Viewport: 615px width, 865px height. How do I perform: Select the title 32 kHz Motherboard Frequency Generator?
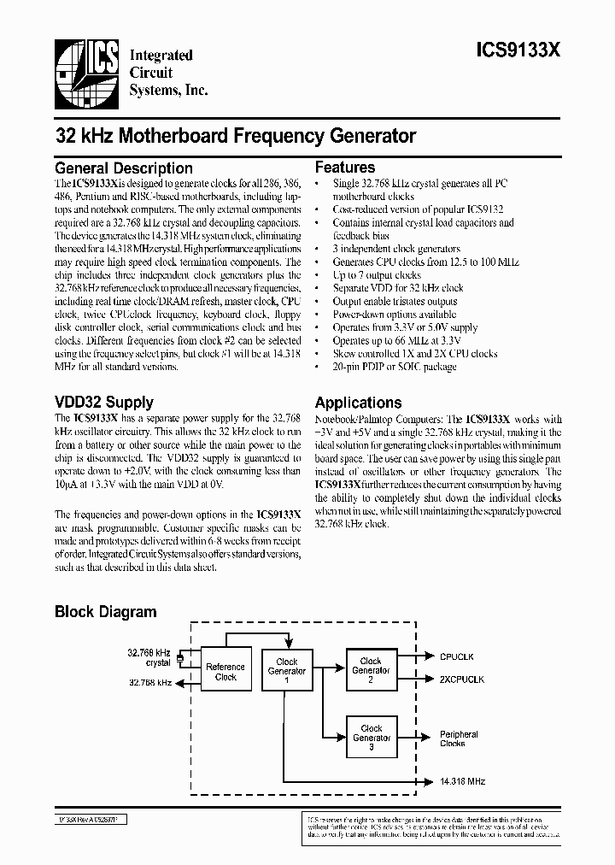pos(236,135)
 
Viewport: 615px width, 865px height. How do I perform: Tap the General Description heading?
pos(124,168)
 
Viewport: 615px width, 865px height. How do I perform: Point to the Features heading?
pos(345,168)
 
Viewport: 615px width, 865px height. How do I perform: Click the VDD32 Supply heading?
pos(104,402)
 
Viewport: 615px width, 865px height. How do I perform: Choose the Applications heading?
pos(358,403)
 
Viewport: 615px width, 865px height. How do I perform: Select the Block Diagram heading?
pos(106,611)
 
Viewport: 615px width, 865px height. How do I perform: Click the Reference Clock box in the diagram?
pos(225,672)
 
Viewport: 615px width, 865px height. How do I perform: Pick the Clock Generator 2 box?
pos(371,666)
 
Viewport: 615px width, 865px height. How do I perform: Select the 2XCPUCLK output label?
pos(462,680)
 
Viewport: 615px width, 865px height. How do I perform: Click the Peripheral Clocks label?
pos(459,738)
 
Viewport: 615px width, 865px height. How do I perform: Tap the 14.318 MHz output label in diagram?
pos(463,781)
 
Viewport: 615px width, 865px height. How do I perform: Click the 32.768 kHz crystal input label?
pos(149,657)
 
